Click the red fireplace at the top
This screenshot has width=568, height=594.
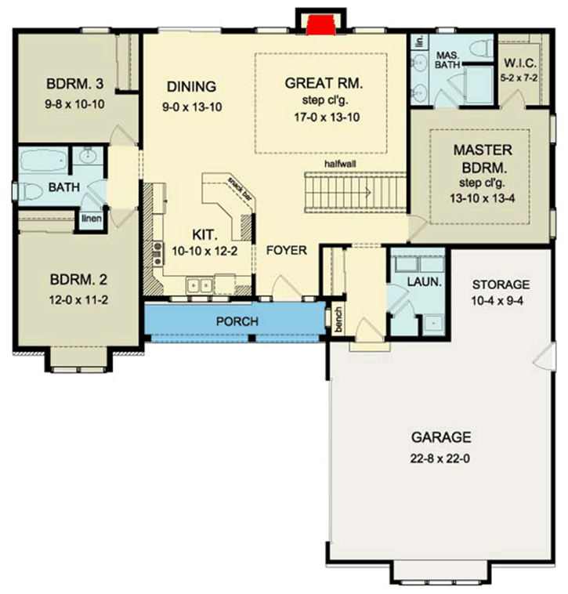point(319,25)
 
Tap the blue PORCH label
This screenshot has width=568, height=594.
point(237,321)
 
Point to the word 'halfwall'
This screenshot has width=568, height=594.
point(342,164)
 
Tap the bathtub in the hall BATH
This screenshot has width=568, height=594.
point(43,161)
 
